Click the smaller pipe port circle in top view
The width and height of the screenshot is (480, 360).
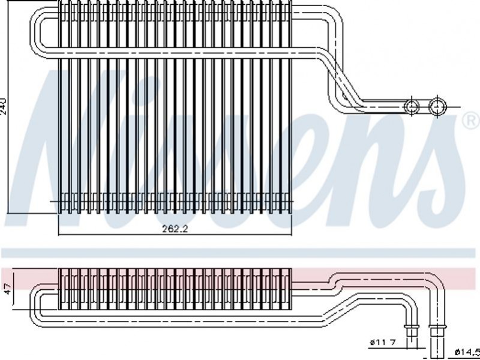(412, 106)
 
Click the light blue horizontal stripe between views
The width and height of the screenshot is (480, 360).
(240, 251)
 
